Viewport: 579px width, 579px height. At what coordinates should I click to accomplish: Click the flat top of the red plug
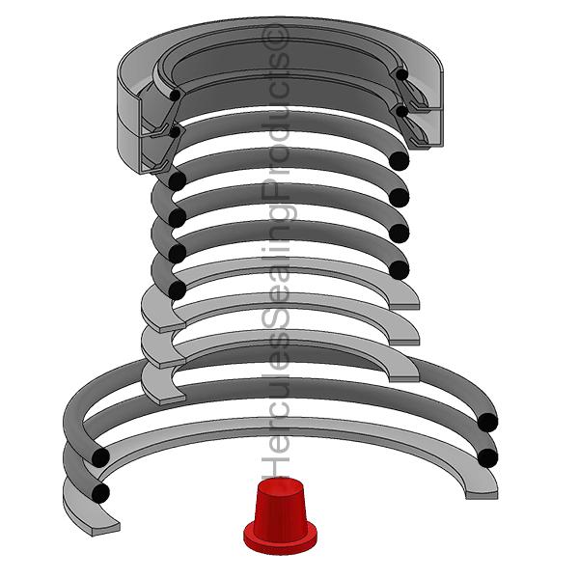(280, 486)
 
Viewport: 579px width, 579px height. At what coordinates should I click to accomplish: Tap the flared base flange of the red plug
(280, 538)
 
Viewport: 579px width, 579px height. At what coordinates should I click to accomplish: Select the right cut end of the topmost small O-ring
(400, 160)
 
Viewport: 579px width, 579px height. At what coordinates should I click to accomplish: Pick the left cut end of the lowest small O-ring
(178, 289)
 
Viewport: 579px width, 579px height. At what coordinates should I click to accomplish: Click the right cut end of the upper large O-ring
(487, 423)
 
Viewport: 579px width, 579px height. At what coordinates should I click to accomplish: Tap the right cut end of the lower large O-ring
(487, 457)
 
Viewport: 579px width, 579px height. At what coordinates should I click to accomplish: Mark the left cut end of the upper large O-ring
(100, 457)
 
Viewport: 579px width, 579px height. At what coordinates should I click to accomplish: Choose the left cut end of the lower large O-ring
(100, 493)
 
